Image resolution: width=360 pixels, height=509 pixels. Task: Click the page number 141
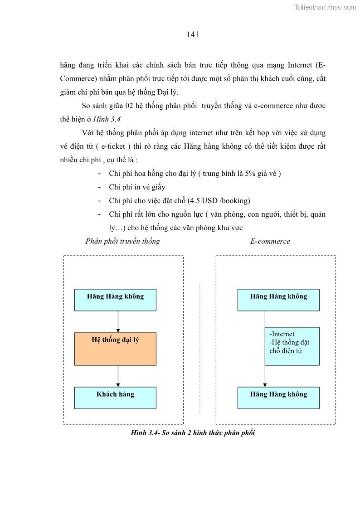[x=193, y=34]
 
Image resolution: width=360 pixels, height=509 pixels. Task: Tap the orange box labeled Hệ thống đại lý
[x=115, y=349]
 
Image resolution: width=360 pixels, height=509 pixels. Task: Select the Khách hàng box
[x=115, y=398]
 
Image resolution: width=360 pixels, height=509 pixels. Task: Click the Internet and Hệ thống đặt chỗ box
[x=292, y=346]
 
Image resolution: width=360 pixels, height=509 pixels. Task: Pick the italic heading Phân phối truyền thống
[x=122, y=241]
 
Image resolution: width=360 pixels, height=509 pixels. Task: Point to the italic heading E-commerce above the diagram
[x=270, y=241]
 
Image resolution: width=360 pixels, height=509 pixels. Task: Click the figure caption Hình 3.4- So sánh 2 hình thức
[x=193, y=433]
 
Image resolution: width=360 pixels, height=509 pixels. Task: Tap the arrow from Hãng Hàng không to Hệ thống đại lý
[x=118, y=321]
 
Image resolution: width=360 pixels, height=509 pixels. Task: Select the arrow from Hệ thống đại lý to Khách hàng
[x=118, y=376]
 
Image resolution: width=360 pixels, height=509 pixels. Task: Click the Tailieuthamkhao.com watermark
[x=325, y=7]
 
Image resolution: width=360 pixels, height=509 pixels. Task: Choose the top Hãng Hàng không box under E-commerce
[x=278, y=300]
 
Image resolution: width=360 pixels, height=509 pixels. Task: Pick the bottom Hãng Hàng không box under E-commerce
[x=278, y=398]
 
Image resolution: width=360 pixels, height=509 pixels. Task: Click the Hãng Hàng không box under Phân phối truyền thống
[x=115, y=300]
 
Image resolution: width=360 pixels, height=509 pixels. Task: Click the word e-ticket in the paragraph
[x=114, y=146]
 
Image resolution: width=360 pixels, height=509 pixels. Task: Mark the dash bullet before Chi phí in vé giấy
[x=99, y=187]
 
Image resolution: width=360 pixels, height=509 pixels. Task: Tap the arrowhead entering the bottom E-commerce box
[x=265, y=385]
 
